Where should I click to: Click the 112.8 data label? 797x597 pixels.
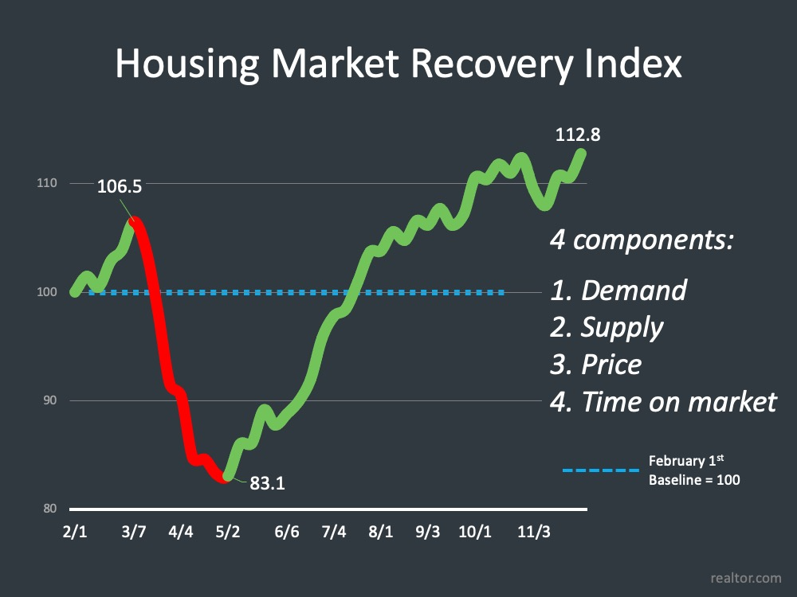tap(578, 135)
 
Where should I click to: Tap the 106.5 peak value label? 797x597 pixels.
tap(120, 187)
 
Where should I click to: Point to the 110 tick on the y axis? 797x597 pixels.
tap(48, 184)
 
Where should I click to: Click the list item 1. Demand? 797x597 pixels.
tap(618, 290)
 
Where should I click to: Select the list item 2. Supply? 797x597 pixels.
tap(607, 327)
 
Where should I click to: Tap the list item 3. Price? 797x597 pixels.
tap(596, 365)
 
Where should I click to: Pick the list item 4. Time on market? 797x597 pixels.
tap(663, 402)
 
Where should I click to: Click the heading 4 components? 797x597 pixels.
tap(642, 240)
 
